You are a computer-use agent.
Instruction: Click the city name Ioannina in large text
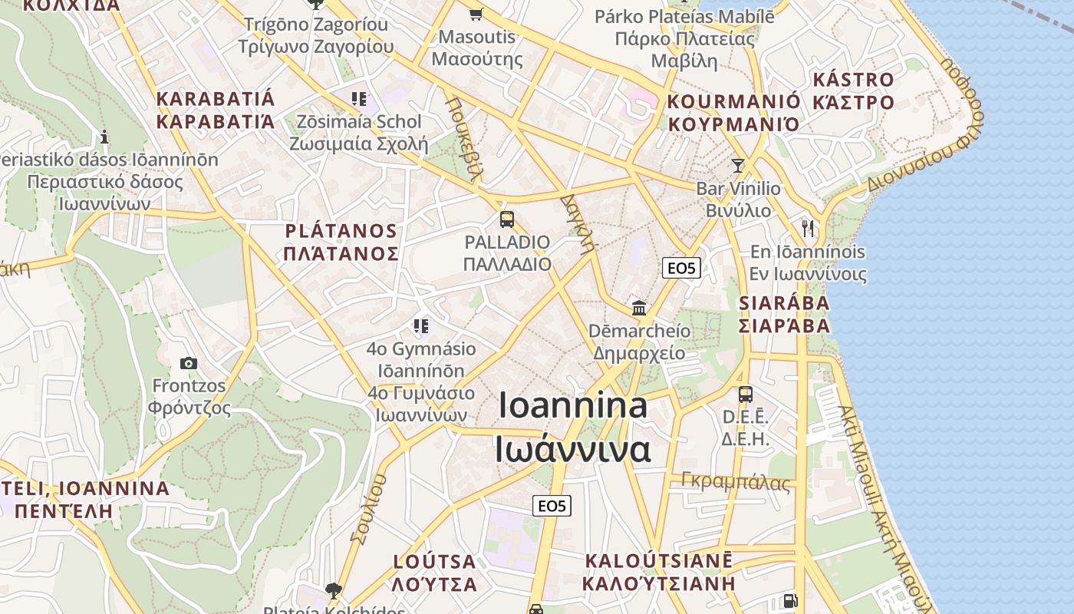pos(573,405)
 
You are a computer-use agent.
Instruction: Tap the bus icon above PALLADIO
pos(506,220)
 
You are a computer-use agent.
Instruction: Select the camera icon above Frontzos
pos(189,363)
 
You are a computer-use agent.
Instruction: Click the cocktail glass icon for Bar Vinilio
pos(738,165)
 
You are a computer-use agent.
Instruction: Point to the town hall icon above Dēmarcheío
pos(639,309)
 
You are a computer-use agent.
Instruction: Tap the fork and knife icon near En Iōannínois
pos(808,228)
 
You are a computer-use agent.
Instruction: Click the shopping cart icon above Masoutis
pos(476,13)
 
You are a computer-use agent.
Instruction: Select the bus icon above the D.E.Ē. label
pos(745,394)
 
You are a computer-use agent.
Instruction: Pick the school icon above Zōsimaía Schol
pos(358,99)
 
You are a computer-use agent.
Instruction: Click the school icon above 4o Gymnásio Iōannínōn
pos(420,326)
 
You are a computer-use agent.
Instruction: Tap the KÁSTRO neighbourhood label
pos(853,80)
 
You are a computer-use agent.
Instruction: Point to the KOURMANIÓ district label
pos(733,102)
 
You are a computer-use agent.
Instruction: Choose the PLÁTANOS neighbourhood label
pos(341,231)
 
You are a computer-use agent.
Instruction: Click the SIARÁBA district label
pos(784,303)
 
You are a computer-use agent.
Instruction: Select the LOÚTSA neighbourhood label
pos(434,561)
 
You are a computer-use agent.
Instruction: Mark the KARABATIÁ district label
pos(215,99)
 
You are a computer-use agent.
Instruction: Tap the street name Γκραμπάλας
pos(736,482)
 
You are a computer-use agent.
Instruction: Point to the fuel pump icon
pos(789,601)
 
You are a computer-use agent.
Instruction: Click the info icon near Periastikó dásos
pos(104,137)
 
